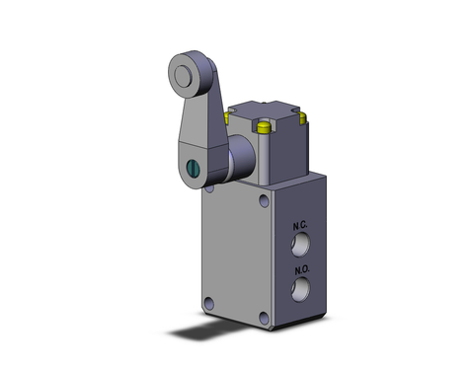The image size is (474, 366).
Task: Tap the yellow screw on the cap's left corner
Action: pyautogui.click(x=228, y=116)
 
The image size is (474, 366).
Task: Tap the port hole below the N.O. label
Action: pyautogui.click(x=300, y=286)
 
